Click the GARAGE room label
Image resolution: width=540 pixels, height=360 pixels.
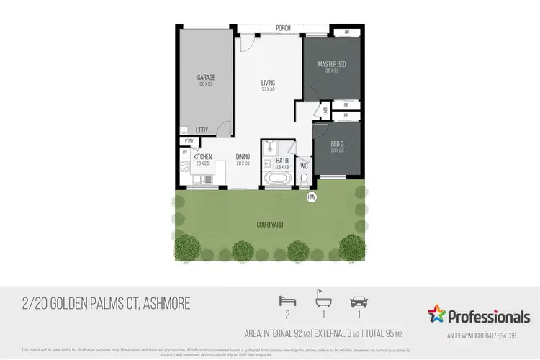[x=206, y=78]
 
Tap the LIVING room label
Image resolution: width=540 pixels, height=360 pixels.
[x=268, y=83]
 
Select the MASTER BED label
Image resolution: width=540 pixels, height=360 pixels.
[x=332, y=65]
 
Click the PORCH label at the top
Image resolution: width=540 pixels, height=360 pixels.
[x=283, y=29]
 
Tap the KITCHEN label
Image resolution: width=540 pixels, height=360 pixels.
[x=202, y=156]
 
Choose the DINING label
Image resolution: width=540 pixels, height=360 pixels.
[x=243, y=156]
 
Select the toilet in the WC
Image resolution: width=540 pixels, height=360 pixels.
[x=304, y=178]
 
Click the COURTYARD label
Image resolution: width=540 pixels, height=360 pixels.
[x=270, y=225]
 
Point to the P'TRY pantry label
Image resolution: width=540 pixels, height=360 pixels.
[x=189, y=141]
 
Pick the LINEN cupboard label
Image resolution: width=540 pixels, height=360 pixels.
[x=325, y=111]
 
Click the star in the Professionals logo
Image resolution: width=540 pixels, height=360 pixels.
[x=437, y=315]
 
